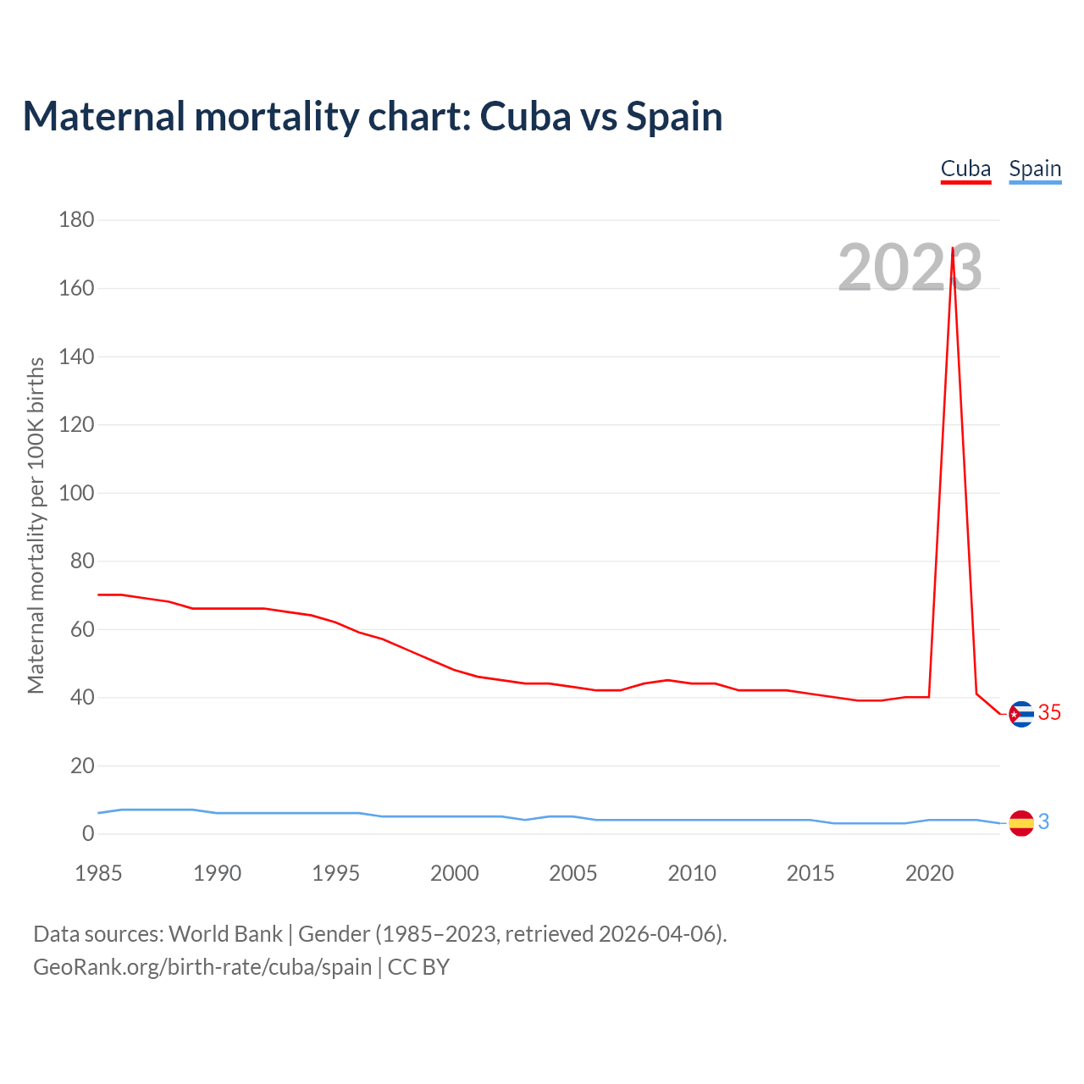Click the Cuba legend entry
pyautogui.click(x=965, y=169)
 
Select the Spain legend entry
pyautogui.click(x=1035, y=169)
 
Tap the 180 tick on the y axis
pyautogui.click(x=76, y=220)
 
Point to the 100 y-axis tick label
pyautogui.click(x=76, y=493)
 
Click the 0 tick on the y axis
pyautogui.click(x=88, y=834)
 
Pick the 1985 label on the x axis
pyautogui.click(x=98, y=873)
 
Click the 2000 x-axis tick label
pyautogui.click(x=455, y=873)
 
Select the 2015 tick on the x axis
pyautogui.click(x=810, y=873)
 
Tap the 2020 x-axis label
pyautogui.click(x=930, y=873)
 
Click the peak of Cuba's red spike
pyautogui.click(x=954, y=248)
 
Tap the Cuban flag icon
pyautogui.click(x=1021, y=715)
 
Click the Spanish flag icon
pyautogui.click(x=1021, y=822)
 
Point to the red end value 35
pyautogui.click(x=1049, y=713)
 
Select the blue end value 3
pyautogui.click(x=1044, y=821)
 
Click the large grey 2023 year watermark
pyautogui.click(x=910, y=268)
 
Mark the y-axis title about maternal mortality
pyautogui.click(x=36, y=525)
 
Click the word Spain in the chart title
pyautogui.click(x=674, y=117)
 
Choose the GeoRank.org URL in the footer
pyautogui.click(x=202, y=967)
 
